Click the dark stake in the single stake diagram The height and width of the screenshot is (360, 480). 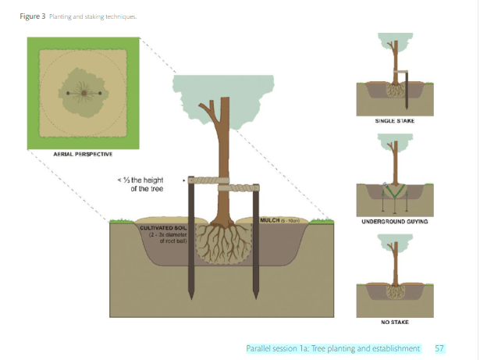point(408,90)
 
